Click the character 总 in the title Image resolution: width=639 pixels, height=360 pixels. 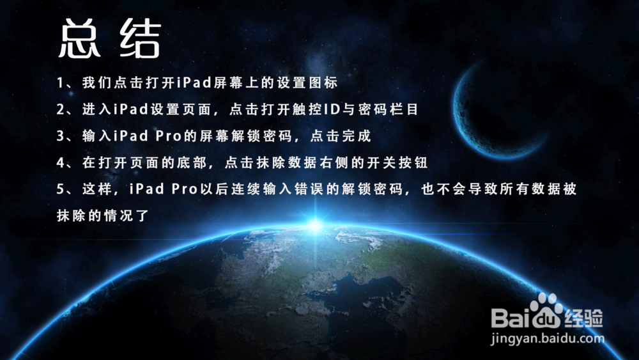[x=79, y=38]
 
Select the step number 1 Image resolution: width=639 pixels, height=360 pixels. [x=59, y=82]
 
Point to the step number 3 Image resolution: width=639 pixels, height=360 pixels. [x=60, y=136]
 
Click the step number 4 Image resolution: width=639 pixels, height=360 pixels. [x=60, y=162]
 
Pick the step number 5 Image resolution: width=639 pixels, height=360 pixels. [x=60, y=189]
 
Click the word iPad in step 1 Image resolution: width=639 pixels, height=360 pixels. [x=194, y=82]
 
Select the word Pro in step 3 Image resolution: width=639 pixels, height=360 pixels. [x=168, y=136]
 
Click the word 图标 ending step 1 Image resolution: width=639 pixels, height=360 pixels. [x=323, y=82]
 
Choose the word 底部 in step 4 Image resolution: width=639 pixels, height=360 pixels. [x=191, y=162]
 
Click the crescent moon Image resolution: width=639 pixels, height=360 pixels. [x=468, y=127]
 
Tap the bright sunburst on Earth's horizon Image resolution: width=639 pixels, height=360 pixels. [x=316, y=226]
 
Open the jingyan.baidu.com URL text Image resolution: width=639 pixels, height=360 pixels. [x=548, y=338]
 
